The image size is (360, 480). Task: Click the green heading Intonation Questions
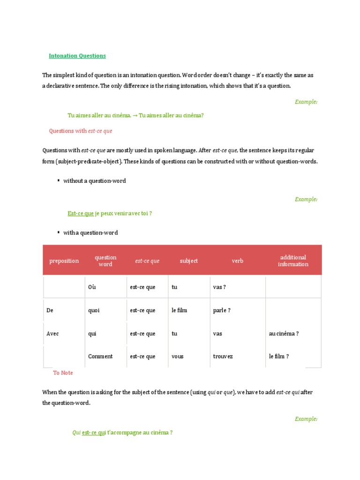[77, 56]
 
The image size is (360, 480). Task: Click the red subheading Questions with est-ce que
[81, 131]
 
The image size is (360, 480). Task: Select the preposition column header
[64, 261]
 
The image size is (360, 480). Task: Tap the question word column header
[105, 261]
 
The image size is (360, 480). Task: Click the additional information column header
[293, 261]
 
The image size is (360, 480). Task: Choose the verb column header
[237, 261]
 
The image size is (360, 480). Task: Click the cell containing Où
[92, 287]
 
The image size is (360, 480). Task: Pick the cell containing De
[50, 310]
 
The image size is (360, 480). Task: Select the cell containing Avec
[52, 334]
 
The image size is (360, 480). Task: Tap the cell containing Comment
[100, 356]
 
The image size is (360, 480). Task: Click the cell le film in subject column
[179, 310]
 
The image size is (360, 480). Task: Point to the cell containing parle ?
[222, 310]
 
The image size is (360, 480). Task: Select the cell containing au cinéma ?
[284, 334]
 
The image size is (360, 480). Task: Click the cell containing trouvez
[224, 356]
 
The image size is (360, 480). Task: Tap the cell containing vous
[178, 356]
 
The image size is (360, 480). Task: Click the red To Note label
[63, 373]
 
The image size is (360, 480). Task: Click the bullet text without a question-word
[94, 181]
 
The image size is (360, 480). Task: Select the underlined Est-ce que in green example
[81, 213]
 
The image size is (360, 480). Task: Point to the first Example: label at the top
[306, 102]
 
